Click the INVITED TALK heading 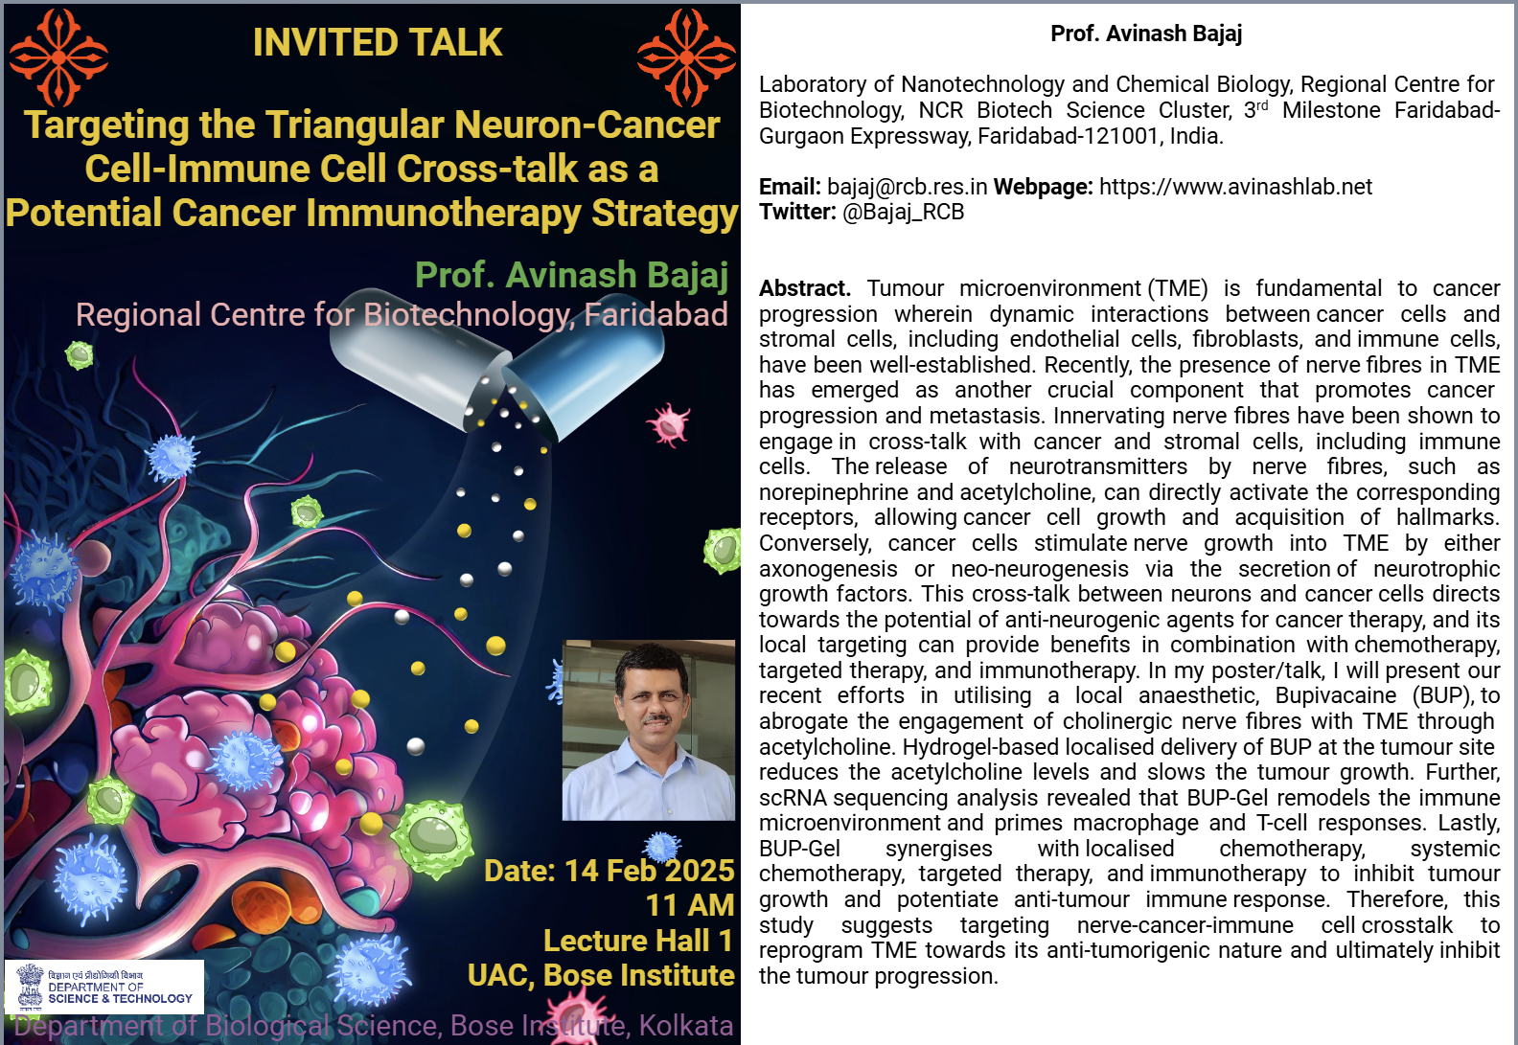[x=378, y=42]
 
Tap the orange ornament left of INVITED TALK [x=59, y=57]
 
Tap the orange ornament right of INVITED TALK [x=686, y=57]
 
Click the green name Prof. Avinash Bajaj [x=571, y=275]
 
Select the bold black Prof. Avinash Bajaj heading [x=1146, y=34]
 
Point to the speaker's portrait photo [x=649, y=730]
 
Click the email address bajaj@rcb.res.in [x=907, y=186]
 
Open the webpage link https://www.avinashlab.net [x=1235, y=186]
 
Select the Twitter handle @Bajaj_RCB [x=903, y=212]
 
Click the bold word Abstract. [x=804, y=288]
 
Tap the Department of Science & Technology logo [x=104, y=987]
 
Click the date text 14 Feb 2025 [x=649, y=871]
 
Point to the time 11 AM [x=690, y=905]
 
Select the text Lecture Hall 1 [x=637, y=941]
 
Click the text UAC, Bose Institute [x=601, y=975]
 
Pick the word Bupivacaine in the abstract [x=1336, y=695]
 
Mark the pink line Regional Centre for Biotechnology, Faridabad [x=402, y=315]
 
